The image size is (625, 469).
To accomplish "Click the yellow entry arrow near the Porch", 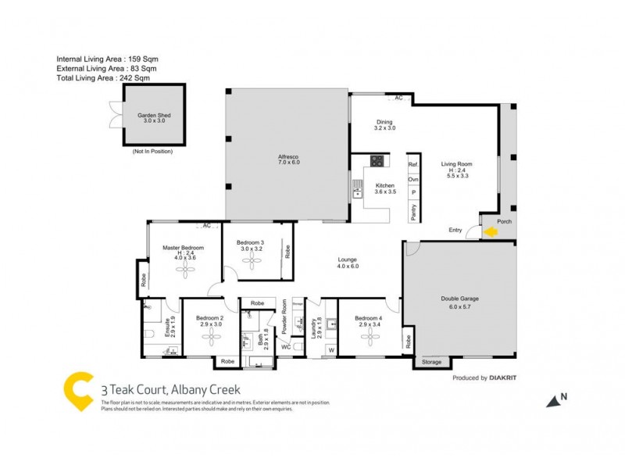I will (491, 231).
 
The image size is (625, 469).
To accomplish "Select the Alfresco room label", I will (289, 159).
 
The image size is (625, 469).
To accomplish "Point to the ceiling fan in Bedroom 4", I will (368, 336).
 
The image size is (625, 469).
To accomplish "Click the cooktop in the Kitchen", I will (377, 163).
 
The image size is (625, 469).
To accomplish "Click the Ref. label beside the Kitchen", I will (413, 165).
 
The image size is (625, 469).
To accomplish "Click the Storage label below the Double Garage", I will (431, 362).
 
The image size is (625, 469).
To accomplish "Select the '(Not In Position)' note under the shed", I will (152, 150).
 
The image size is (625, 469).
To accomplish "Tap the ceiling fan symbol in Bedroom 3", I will (252, 263).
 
